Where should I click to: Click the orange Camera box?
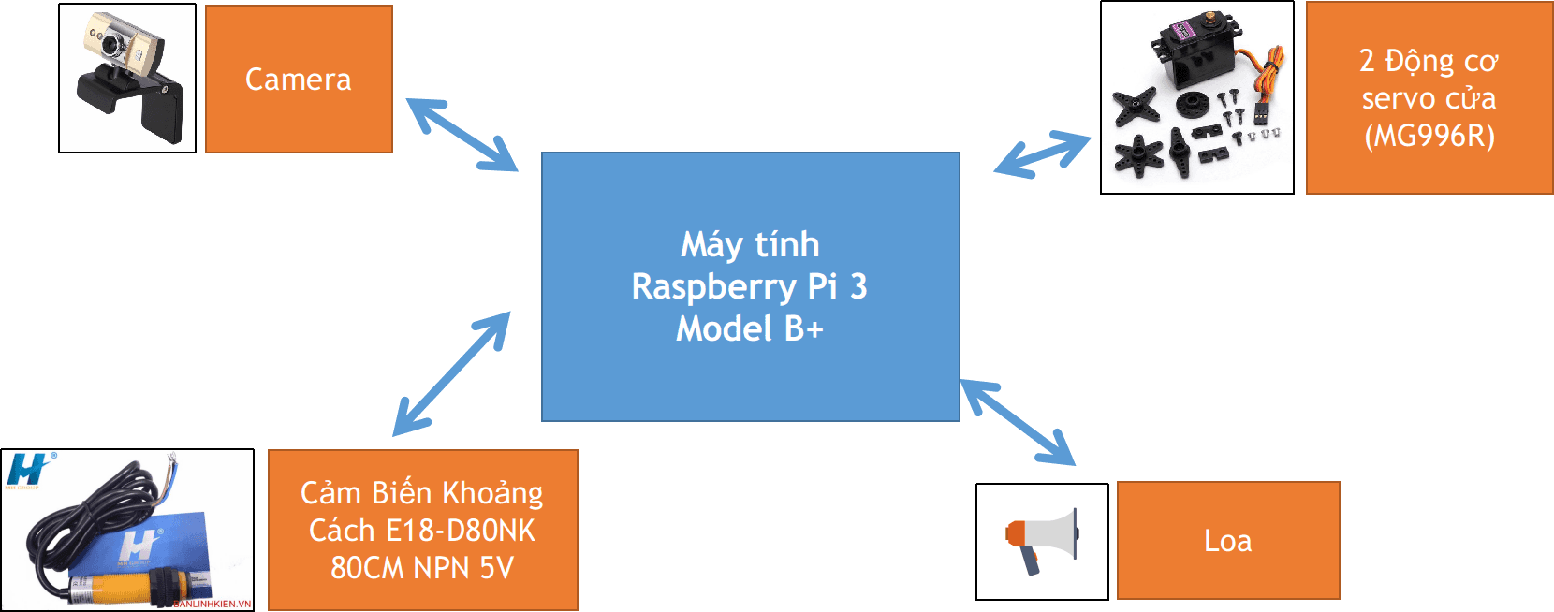click(298, 80)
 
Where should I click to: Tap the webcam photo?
click(127, 78)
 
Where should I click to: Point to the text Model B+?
click(750, 328)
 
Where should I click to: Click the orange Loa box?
click(1227, 541)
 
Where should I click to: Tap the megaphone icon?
click(1042, 541)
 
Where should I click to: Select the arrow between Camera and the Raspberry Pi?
click(462, 135)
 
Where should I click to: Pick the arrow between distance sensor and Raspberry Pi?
click(452, 373)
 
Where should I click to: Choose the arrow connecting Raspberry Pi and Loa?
click(1018, 422)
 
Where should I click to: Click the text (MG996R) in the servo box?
click(1429, 137)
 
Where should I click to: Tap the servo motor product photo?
click(1196, 97)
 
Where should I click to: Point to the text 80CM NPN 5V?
click(422, 568)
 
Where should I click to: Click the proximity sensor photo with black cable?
click(127, 530)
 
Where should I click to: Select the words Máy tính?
click(750, 244)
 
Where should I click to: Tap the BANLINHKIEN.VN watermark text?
click(213, 605)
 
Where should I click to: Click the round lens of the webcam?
click(113, 43)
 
